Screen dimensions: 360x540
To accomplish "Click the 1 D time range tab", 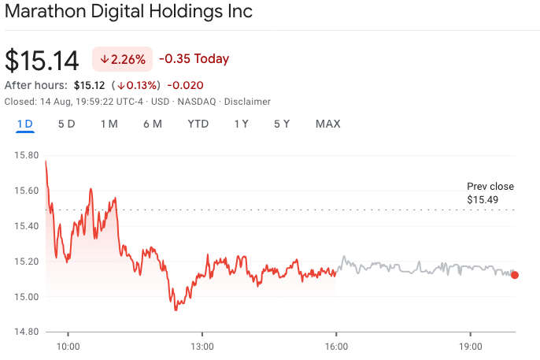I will (x=25, y=124).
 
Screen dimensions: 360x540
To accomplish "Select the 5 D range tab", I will (x=67, y=124).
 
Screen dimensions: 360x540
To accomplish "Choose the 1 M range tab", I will (x=109, y=124).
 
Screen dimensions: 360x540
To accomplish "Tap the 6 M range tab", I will (x=153, y=124).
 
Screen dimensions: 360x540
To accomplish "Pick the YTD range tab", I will (x=198, y=124).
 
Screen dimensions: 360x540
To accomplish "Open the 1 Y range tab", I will (x=242, y=124).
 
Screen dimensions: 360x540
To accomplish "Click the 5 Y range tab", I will (x=282, y=124).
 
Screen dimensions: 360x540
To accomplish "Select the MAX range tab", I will (x=328, y=124).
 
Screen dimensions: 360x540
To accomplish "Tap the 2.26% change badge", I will (x=123, y=59).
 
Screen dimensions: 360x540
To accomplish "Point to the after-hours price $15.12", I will (x=89, y=85).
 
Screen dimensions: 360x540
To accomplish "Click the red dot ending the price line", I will (x=515, y=275).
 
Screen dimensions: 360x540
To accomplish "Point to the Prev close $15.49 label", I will (x=490, y=193).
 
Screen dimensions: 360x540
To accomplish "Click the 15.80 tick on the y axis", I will (x=26, y=155).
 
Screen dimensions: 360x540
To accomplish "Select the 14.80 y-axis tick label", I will (x=26, y=332).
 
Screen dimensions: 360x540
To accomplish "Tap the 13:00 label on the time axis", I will (x=202, y=346).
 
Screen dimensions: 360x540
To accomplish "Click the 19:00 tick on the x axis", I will (x=471, y=346).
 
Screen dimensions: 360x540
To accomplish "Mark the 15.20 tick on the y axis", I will (x=26, y=262).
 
